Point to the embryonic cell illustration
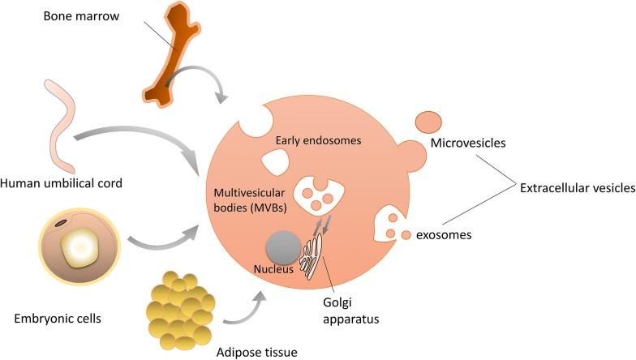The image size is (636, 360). point(79,243)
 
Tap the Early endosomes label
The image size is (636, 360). point(317,140)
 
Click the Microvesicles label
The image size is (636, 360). point(469,144)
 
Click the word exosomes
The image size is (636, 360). point(444,235)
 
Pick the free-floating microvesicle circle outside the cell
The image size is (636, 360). point(429,122)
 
